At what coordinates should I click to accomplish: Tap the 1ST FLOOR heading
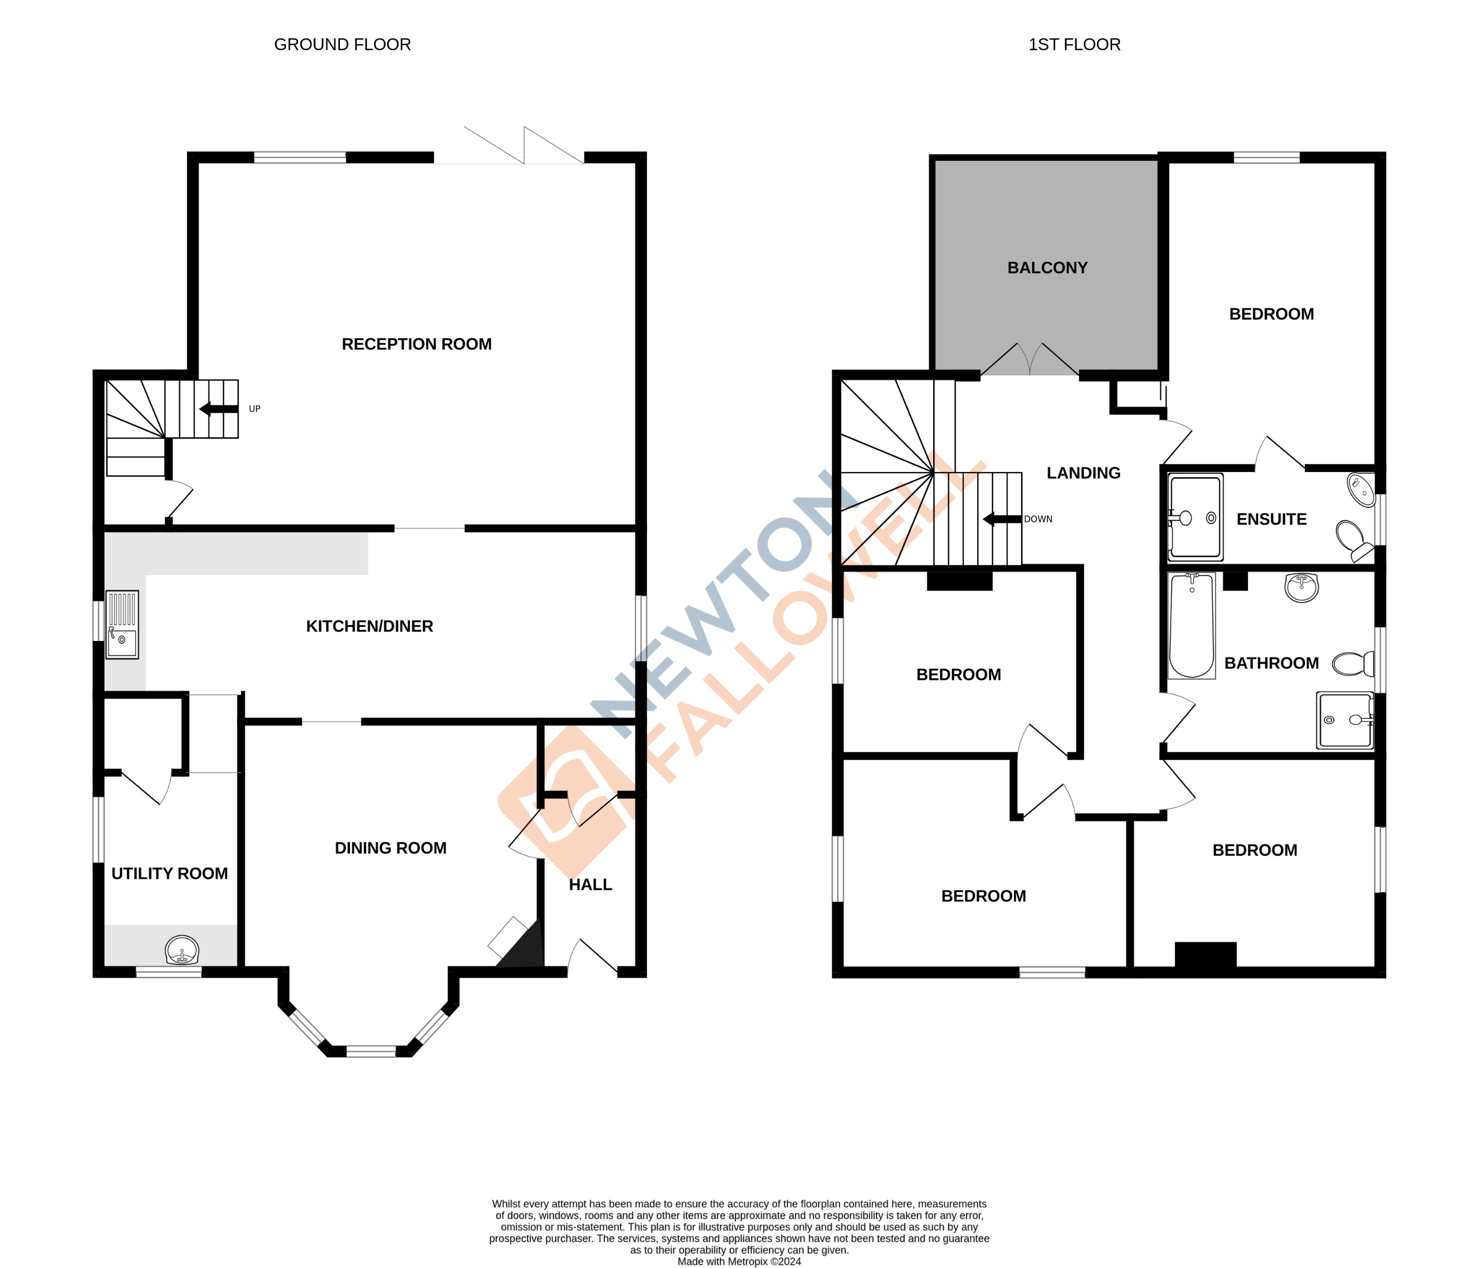tap(1074, 45)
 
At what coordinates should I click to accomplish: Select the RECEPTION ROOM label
tap(416, 344)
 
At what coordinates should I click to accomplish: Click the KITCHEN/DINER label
tap(369, 626)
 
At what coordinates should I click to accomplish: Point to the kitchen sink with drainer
tap(122, 624)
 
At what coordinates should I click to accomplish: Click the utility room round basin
tap(182, 951)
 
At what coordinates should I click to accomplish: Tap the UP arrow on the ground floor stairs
tap(219, 409)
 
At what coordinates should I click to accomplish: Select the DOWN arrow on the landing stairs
tap(1002, 519)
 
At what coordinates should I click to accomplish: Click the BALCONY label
tap(1047, 268)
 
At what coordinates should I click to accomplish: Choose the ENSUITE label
tap(1271, 519)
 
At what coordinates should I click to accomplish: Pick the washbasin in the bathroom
tap(1301, 588)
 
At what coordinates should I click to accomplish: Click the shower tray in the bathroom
tap(1344, 720)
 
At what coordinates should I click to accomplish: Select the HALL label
tap(590, 885)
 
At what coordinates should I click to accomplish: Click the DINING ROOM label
tap(391, 848)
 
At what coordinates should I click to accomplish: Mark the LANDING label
tap(1083, 473)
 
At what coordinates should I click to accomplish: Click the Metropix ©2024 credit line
tap(739, 1261)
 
